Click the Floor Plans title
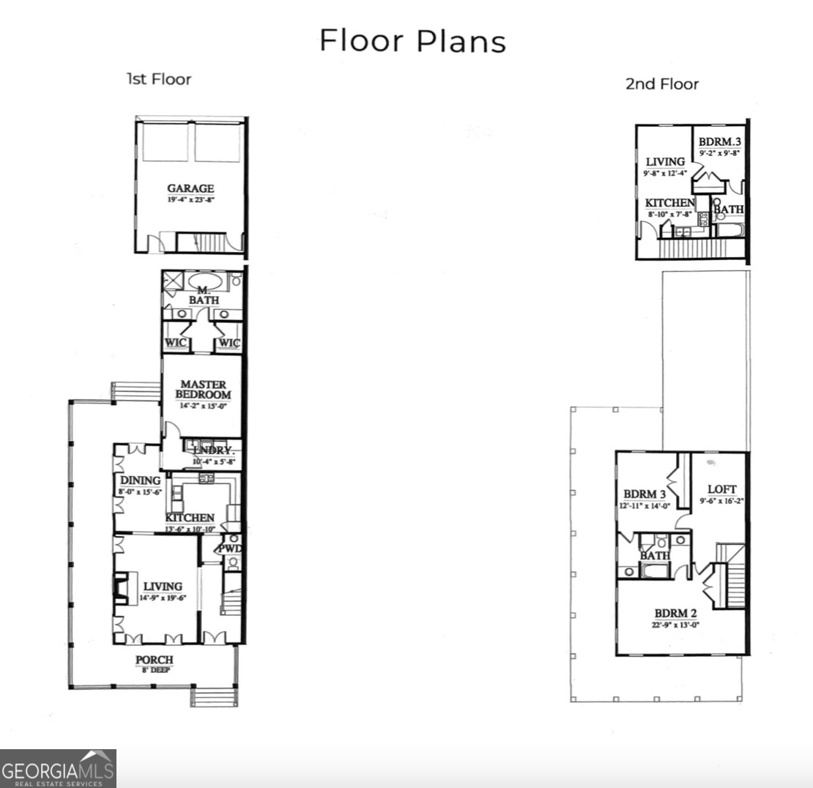click(x=412, y=41)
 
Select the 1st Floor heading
click(x=158, y=79)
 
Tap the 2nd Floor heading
click(x=661, y=83)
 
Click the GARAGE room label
click(x=190, y=188)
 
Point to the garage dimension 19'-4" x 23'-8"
click(x=190, y=199)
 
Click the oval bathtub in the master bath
click(x=207, y=281)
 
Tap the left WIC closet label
click(x=177, y=343)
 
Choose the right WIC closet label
click(x=228, y=343)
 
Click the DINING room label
click(x=140, y=480)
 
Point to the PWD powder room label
click(x=229, y=549)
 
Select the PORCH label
click(x=155, y=660)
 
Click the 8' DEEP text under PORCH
click(x=155, y=669)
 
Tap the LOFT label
click(x=721, y=489)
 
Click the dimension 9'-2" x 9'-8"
click(x=720, y=154)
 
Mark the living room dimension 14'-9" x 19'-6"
click(x=163, y=598)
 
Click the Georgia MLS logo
click(x=58, y=768)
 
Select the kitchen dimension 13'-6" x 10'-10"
click(x=190, y=529)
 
